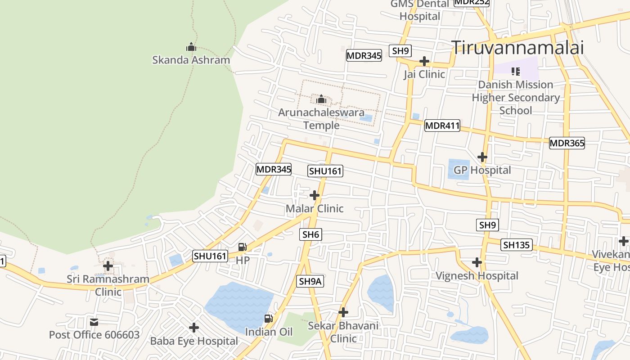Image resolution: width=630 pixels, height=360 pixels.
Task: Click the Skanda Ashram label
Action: click(191, 60)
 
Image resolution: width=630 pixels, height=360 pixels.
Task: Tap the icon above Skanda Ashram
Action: click(191, 47)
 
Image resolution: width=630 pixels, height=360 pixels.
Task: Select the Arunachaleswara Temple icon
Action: click(321, 99)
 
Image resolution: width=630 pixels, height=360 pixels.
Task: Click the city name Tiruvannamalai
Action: click(517, 47)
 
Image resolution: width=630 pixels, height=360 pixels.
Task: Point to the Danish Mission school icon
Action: click(516, 71)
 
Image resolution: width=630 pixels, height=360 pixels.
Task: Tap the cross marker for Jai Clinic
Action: click(424, 61)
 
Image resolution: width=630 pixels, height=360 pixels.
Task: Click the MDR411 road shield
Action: click(442, 126)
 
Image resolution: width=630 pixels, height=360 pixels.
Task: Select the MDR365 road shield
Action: click(567, 144)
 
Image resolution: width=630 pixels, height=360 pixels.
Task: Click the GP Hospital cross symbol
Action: click(482, 157)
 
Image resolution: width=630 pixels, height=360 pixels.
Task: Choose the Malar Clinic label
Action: click(315, 208)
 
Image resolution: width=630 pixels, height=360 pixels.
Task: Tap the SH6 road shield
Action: click(310, 234)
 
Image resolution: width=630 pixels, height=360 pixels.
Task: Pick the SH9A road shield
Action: click(310, 281)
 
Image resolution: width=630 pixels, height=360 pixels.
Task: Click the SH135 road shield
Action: click(517, 245)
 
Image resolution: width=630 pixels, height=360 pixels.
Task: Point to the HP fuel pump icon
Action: click(242, 247)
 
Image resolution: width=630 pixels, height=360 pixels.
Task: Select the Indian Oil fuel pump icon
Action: click(268, 319)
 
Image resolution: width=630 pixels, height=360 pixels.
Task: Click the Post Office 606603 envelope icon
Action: click(94, 322)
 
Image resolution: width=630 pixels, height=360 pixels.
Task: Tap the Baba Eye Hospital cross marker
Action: click(194, 328)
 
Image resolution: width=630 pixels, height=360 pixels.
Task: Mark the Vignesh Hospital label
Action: click(477, 275)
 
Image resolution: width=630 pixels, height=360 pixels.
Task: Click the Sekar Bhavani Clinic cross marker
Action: click(343, 312)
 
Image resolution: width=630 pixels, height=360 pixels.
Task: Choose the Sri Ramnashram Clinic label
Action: click(108, 285)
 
